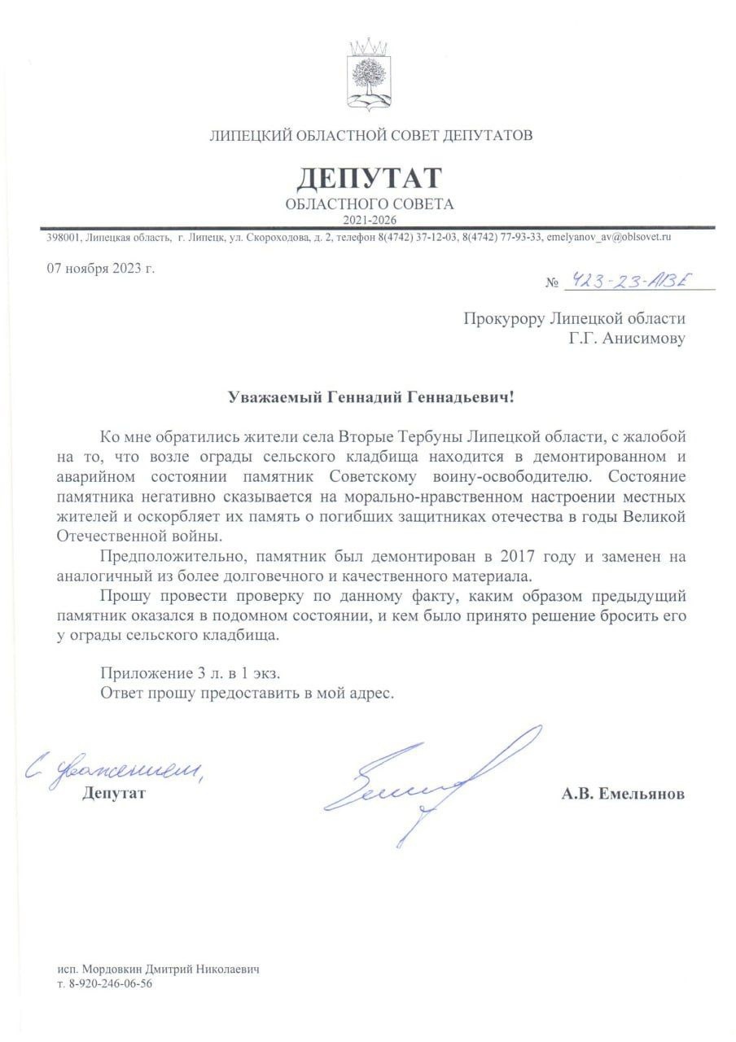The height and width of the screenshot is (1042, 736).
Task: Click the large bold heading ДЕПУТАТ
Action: (x=370, y=177)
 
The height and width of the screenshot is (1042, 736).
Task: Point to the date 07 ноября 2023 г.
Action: (x=100, y=269)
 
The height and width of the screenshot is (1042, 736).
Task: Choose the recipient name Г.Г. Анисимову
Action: (x=627, y=337)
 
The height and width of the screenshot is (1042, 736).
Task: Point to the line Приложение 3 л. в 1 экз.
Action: (x=195, y=673)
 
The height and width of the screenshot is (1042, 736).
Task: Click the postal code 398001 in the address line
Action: (x=61, y=237)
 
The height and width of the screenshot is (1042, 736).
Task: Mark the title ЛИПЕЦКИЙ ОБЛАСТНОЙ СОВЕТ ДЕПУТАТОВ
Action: (x=371, y=135)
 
